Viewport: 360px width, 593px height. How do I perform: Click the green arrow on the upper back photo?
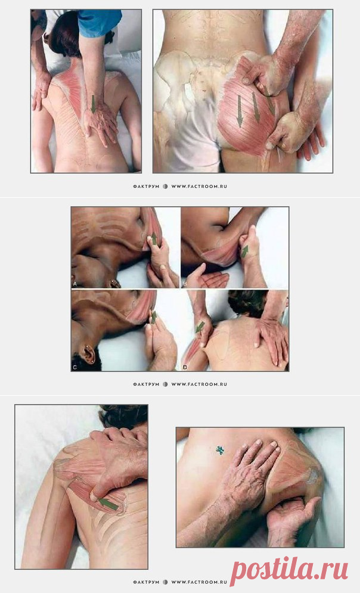[x=93, y=104]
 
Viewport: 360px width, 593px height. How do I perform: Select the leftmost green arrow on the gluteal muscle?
[x=240, y=111]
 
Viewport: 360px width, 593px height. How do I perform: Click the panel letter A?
[x=75, y=283]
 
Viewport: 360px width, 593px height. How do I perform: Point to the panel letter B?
[x=185, y=283]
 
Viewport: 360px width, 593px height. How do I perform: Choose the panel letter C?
[x=75, y=367]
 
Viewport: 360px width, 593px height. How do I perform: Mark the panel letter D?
[x=185, y=367]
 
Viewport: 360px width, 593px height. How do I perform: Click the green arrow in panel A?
[x=154, y=238]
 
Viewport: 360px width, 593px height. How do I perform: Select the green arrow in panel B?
[x=245, y=252]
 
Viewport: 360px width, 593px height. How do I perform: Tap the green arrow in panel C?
[x=154, y=317]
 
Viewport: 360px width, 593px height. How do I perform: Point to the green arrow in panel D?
[x=199, y=327]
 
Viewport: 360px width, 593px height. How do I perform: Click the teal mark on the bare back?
[x=220, y=450]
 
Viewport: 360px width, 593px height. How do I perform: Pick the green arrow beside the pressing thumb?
[x=108, y=504]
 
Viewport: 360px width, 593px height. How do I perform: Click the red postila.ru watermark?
[x=289, y=569]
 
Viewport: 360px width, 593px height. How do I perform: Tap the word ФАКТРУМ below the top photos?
[x=147, y=187]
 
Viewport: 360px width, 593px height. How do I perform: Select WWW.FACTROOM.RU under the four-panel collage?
[x=199, y=384]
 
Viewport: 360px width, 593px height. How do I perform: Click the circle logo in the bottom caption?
[x=165, y=582]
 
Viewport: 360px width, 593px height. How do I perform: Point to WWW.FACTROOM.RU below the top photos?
[x=199, y=187]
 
